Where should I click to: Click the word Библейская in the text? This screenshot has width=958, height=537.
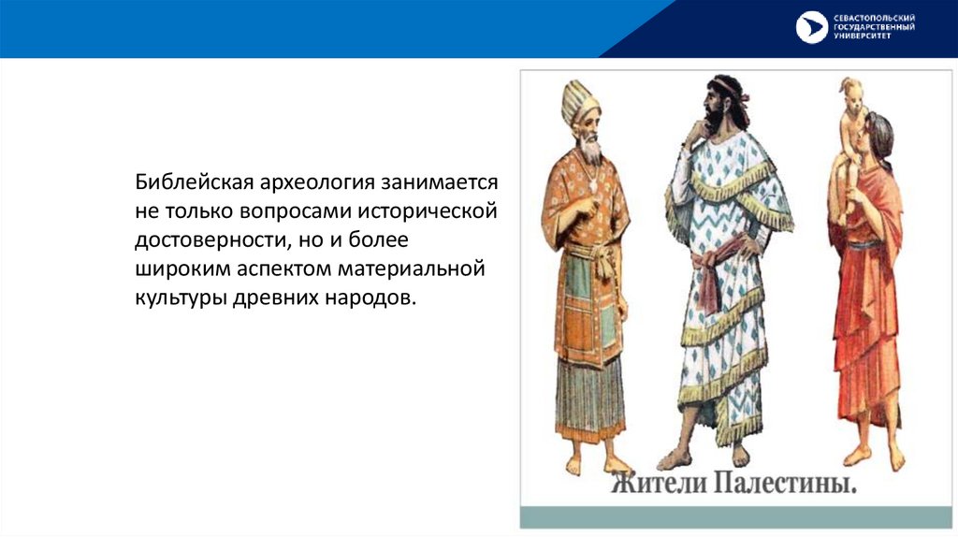[x=195, y=182]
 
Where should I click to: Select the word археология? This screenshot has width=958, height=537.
[x=317, y=183]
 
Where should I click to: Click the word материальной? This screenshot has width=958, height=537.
[x=412, y=268]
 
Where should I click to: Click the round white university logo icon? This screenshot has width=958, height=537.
[x=811, y=27]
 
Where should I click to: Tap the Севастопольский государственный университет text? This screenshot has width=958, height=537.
[x=874, y=27]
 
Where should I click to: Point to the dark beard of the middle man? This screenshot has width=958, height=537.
[x=712, y=119]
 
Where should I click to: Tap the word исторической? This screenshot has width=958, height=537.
[x=427, y=211]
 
